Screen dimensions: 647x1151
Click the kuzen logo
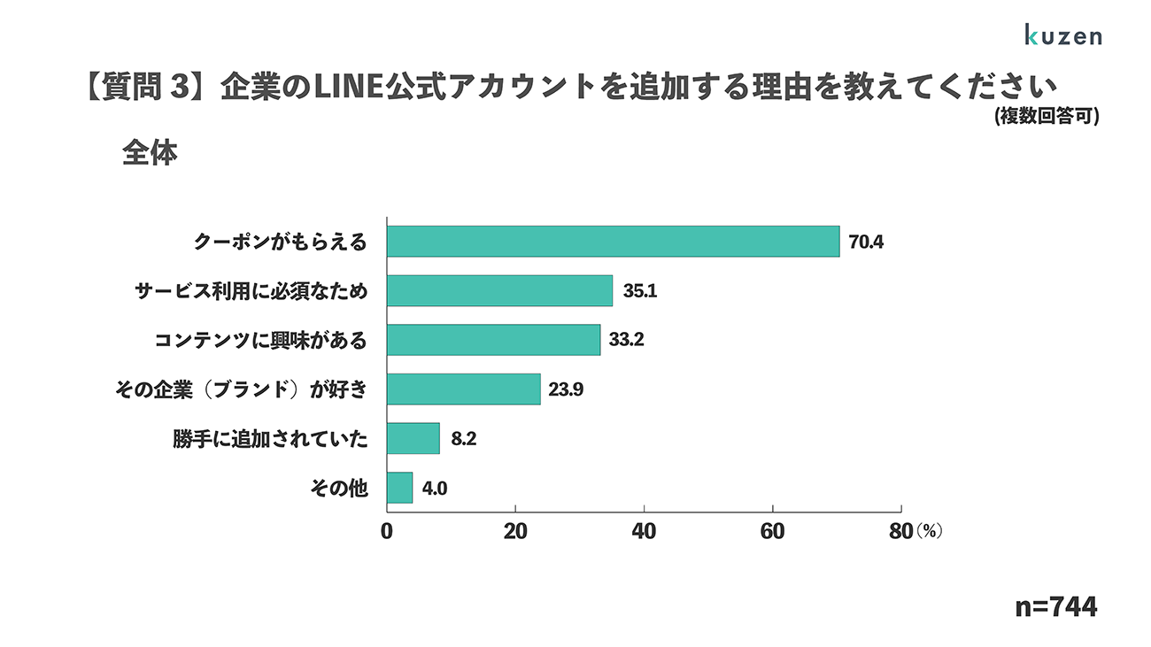tap(1062, 35)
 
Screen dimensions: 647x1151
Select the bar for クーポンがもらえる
tap(613, 241)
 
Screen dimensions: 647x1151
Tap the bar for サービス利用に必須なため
tap(499, 290)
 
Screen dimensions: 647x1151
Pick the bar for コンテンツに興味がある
tap(493, 340)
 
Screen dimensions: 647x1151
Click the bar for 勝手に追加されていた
tap(413, 438)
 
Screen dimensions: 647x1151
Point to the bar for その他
tap(399, 488)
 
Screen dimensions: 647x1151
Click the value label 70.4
tap(866, 242)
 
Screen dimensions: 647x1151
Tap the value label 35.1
tap(638, 290)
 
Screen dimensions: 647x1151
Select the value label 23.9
tap(567, 389)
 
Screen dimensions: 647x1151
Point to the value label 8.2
tap(464, 439)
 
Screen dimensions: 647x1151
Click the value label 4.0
tap(435, 488)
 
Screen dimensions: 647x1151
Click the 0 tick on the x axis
tap(387, 531)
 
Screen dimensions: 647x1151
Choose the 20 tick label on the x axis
tap(515, 531)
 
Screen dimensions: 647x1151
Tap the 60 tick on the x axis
tap(772, 531)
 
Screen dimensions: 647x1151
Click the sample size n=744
tap(1055, 607)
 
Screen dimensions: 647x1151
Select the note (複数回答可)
tap(1046, 116)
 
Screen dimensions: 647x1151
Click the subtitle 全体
tap(150, 153)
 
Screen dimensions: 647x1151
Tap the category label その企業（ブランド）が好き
tap(240, 389)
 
